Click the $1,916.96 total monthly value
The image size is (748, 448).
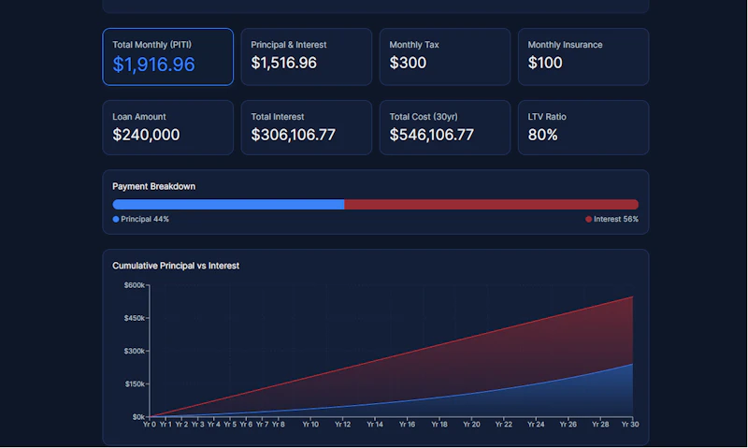click(x=153, y=65)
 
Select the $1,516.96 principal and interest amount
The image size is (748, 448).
click(x=284, y=63)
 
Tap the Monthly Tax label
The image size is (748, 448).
click(x=414, y=45)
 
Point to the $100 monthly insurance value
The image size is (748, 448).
click(x=545, y=63)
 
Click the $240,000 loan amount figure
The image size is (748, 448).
click(x=146, y=135)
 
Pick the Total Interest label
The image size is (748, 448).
click(x=278, y=117)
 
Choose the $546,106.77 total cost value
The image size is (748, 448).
click(x=432, y=135)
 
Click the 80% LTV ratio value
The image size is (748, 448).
click(x=542, y=135)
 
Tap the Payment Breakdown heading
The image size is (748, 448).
click(x=153, y=186)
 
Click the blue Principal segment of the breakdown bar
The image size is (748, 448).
click(x=228, y=204)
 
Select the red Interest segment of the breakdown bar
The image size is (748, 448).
click(x=492, y=204)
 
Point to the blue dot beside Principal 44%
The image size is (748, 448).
click(x=116, y=219)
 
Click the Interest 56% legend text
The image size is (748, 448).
click(x=616, y=219)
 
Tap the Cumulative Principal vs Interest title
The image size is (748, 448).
click(x=176, y=266)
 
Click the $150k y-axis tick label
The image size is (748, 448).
click(x=134, y=384)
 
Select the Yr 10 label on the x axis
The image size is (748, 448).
click(x=310, y=424)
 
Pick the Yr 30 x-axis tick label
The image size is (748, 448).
click(x=630, y=424)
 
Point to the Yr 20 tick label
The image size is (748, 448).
click(x=471, y=424)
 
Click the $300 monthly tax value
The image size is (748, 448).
click(x=408, y=63)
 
